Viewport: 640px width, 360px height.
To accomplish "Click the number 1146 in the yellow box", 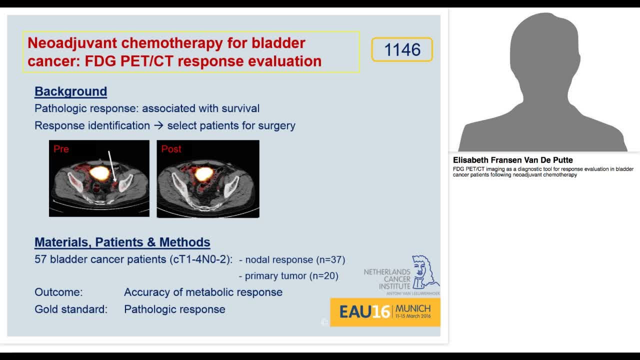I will [x=402, y=50].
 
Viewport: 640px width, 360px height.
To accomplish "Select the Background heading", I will [x=70, y=91].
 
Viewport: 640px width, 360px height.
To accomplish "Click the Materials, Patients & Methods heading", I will [x=122, y=242].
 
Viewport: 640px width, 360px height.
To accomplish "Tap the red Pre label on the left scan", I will [x=61, y=149].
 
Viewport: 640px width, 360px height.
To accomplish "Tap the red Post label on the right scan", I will [x=171, y=149].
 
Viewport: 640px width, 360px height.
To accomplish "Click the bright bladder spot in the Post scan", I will [x=203, y=174].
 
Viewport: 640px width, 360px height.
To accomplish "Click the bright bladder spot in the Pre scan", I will [x=99, y=173].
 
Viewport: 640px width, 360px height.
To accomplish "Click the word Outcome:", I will [x=58, y=292].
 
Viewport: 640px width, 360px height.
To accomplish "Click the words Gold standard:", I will [x=71, y=309].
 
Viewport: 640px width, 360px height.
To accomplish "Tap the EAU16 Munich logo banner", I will [x=385, y=312].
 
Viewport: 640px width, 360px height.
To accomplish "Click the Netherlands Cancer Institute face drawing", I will [x=425, y=272].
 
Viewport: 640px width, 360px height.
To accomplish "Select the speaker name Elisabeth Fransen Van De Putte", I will [x=512, y=160].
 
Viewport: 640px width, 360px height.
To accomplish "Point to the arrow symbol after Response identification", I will [x=158, y=125].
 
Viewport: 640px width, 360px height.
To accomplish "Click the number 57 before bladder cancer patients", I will [x=40, y=259].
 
